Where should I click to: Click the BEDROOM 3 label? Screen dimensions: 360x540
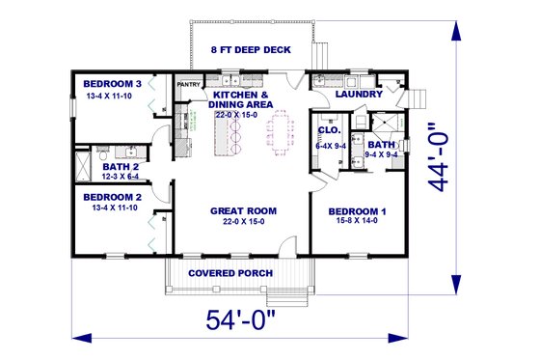(x=112, y=84)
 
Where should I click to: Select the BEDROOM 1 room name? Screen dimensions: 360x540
(x=357, y=210)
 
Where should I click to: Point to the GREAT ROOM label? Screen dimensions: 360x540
(x=244, y=210)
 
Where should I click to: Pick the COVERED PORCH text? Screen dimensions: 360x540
(x=230, y=273)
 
